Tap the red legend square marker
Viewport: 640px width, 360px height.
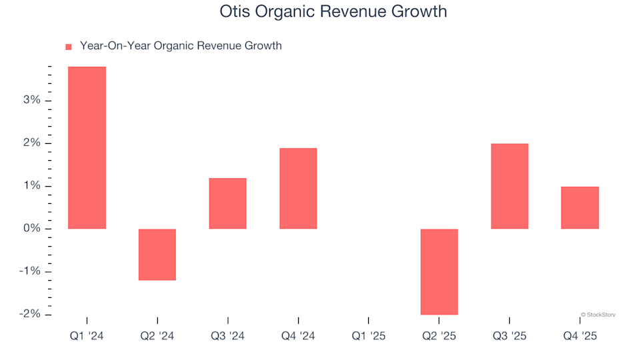coord(68,47)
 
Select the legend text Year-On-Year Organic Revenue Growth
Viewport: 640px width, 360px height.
coord(181,46)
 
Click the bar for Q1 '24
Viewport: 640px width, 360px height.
coord(87,147)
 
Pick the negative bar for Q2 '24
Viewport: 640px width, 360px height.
coord(157,254)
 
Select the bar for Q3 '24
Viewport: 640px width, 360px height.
coord(228,203)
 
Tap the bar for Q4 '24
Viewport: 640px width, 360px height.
coord(298,188)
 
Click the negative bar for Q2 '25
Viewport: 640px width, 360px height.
coord(439,271)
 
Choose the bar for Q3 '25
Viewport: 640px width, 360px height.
coord(509,186)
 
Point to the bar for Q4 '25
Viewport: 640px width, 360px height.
coord(580,207)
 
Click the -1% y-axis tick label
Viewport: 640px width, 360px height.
coord(31,271)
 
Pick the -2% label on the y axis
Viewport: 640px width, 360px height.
coord(31,314)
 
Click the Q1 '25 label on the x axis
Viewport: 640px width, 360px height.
coord(369,336)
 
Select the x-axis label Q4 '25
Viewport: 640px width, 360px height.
coord(580,336)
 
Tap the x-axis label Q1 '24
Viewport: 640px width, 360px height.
coord(87,336)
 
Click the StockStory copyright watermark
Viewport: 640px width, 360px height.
coord(598,314)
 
